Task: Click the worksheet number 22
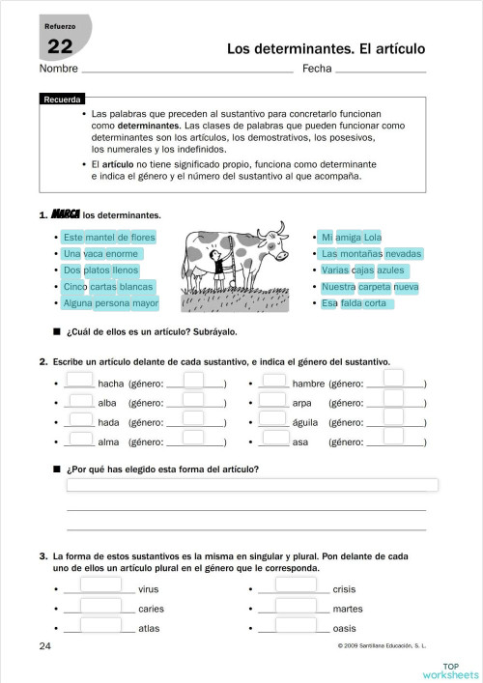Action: click(60, 46)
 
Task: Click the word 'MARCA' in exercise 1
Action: click(66, 214)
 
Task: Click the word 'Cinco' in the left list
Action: click(75, 287)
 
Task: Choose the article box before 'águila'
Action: click(274, 421)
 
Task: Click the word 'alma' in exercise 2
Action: click(109, 442)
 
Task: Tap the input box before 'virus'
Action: click(100, 587)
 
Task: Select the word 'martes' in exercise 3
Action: click(348, 609)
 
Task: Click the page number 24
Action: click(47, 644)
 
